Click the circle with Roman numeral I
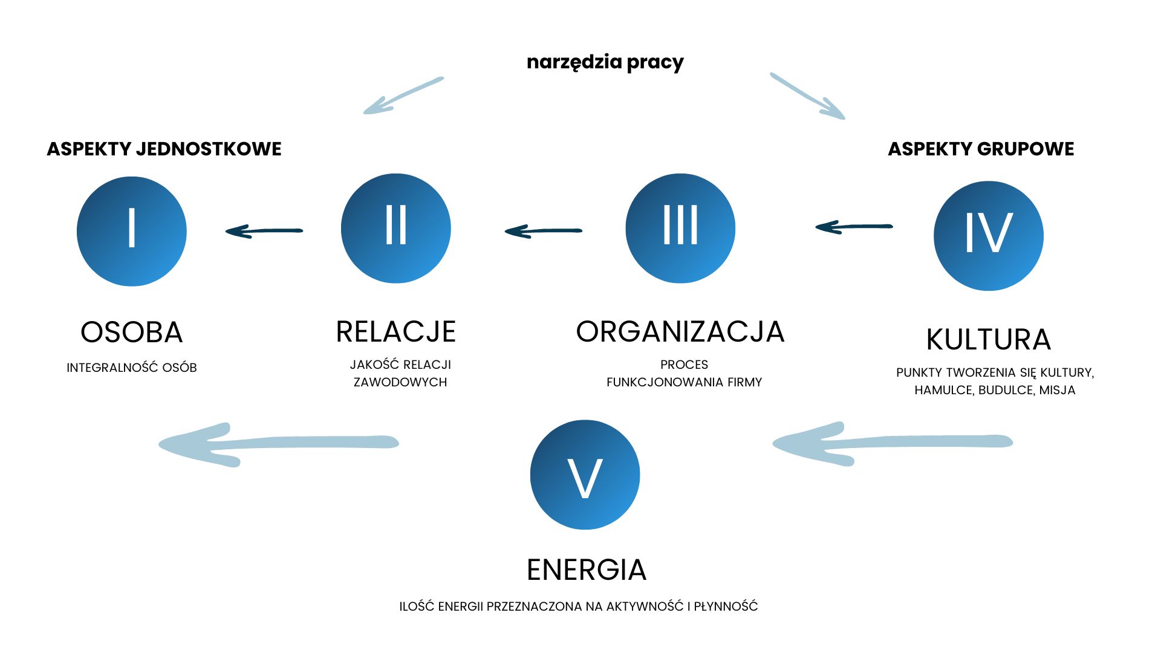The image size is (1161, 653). click(132, 231)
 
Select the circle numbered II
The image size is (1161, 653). click(396, 228)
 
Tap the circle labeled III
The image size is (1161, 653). click(680, 228)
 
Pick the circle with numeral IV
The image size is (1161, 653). click(989, 236)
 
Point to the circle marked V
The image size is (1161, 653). click(585, 475)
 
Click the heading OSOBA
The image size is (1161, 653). click(132, 333)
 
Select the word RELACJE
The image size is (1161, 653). click(396, 332)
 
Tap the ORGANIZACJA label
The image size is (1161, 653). click(680, 332)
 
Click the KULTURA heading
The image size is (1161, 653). click(989, 340)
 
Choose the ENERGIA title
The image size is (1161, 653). click(587, 570)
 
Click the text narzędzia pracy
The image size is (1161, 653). click(605, 62)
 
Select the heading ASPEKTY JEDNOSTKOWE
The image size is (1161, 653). click(164, 149)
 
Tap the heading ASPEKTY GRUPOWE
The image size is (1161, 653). click(981, 149)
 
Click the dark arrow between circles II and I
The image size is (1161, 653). click(264, 230)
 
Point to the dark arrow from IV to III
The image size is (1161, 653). click(854, 227)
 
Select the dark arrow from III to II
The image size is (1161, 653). click(543, 230)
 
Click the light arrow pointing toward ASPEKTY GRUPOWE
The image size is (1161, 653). click(807, 96)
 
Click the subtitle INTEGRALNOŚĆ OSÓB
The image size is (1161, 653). click(132, 368)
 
